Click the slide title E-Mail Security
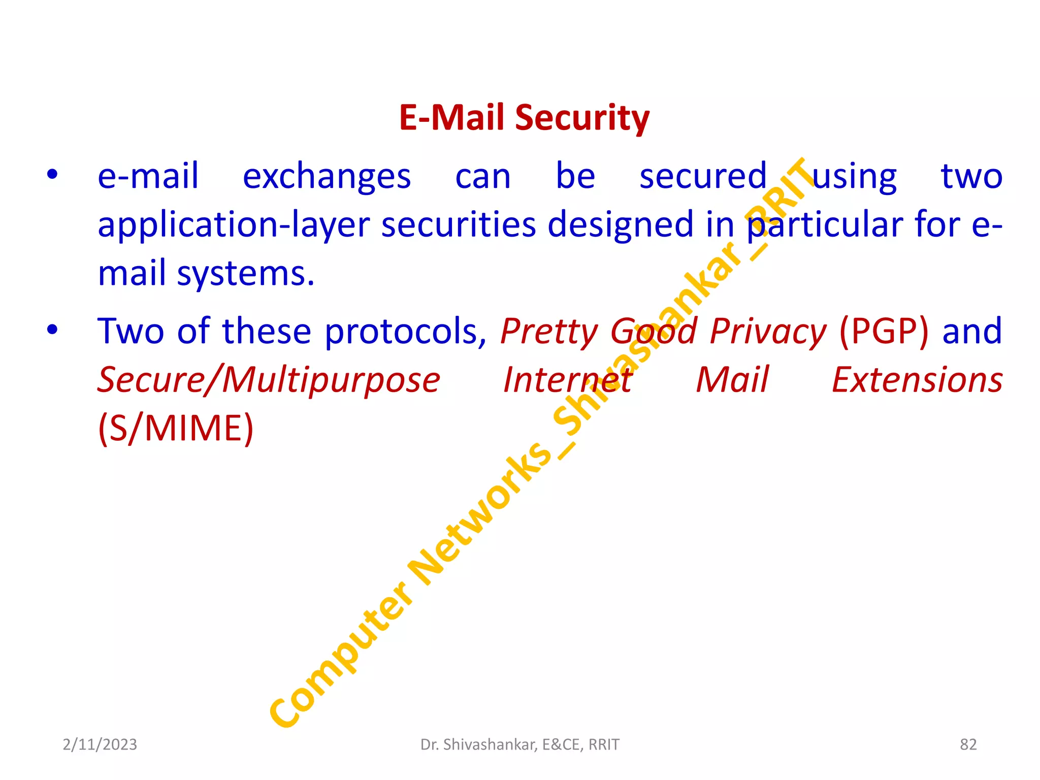pyautogui.click(x=524, y=118)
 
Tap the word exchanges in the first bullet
pyautogui.click(x=327, y=177)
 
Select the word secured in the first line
pyautogui.click(x=703, y=177)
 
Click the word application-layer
pyautogui.click(x=233, y=225)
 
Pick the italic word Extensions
pyautogui.click(x=917, y=380)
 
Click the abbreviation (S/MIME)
pyautogui.click(x=176, y=429)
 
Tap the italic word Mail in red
pyautogui.click(x=732, y=380)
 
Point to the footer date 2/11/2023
pyautogui.click(x=100, y=744)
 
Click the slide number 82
pyautogui.click(x=968, y=744)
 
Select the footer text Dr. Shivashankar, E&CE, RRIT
pyautogui.click(x=520, y=744)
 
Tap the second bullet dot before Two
pyautogui.click(x=52, y=330)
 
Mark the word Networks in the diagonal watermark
pyautogui.click(x=480, y=513)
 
